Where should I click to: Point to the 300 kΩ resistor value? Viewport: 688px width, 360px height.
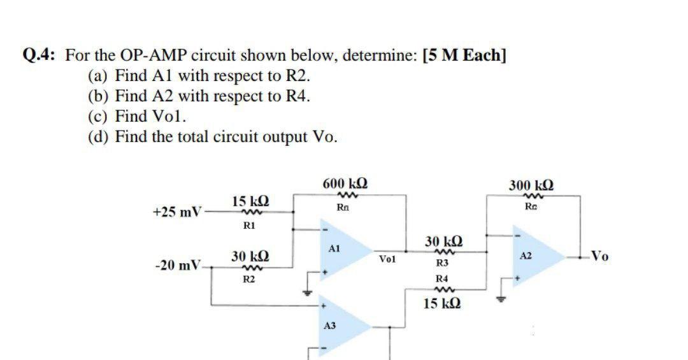tap(531, 186)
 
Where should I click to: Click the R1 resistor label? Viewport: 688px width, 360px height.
tap(250, 225)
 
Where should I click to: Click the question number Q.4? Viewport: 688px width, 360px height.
tap(41, 55)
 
